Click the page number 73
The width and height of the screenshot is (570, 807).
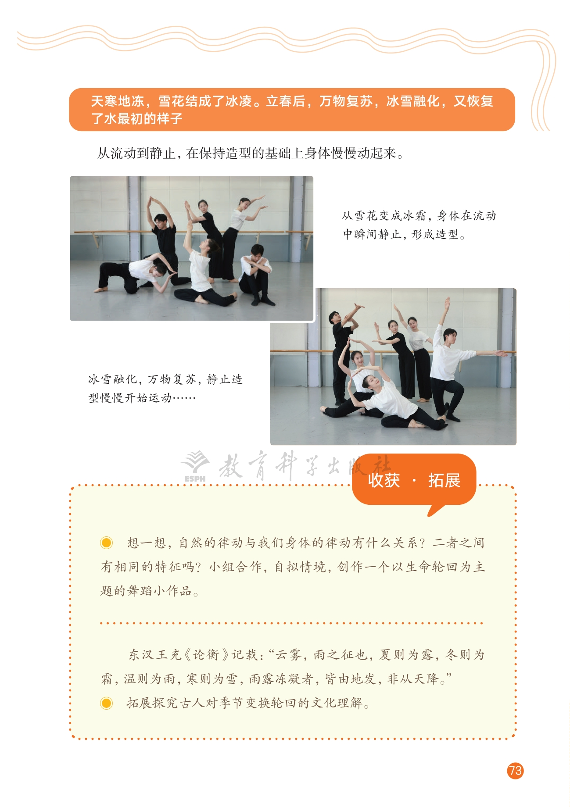coord(515,771)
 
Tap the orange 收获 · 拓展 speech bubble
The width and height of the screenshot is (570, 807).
coord(414,482)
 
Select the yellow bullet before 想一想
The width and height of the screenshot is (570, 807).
coord(106,543)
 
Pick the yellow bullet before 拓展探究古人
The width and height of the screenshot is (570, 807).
coord(106,703)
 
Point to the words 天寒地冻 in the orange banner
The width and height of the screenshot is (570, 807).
coord(118,101)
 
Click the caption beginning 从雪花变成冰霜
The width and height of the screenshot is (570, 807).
coord(419,225)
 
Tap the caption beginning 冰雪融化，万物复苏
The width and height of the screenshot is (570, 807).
coord(165,388)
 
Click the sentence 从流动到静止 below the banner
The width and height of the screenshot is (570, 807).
coord(250,154)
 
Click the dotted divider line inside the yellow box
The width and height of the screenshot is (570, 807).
coord(291,623)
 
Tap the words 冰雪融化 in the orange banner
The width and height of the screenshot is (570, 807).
coord(413,101)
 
